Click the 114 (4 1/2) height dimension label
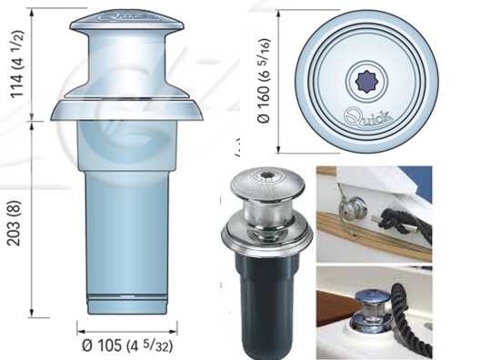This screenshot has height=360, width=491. pos(17,65)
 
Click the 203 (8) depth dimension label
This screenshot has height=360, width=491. pos(14,224)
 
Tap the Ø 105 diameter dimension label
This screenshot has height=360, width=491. pos(127,345)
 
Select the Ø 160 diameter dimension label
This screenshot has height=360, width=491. pos(264,81)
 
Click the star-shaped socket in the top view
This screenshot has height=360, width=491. pos(367,81)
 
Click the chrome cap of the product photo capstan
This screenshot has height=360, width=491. pos(267,183)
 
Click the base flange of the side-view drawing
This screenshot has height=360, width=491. pos(126,110)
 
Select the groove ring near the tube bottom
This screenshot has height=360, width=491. pos(126,296)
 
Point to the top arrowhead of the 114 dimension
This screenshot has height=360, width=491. pos(31,13)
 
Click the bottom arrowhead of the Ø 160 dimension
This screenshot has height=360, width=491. pos(278,149)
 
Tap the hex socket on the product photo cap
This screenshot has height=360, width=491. pos(266,175)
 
